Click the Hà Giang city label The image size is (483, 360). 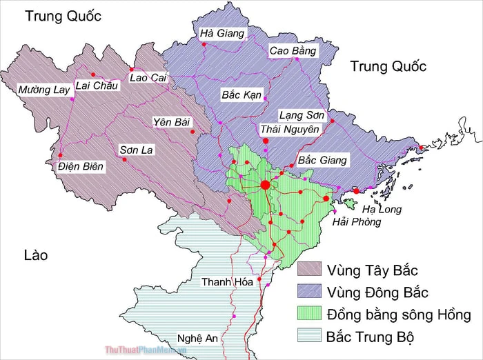[x=222, y=33]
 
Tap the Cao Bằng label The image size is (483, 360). [x=293, y=50]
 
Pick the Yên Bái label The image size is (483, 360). [x=172, y=122]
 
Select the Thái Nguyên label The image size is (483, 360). [x=290, y=129]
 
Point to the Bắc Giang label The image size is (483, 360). [x=323, y=160]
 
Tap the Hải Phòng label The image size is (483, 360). [x=356, y=222]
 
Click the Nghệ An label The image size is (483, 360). [x=197, y=339]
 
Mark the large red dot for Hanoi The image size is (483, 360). [x=265, y=185]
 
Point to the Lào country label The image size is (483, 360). [x=35, y=255]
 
